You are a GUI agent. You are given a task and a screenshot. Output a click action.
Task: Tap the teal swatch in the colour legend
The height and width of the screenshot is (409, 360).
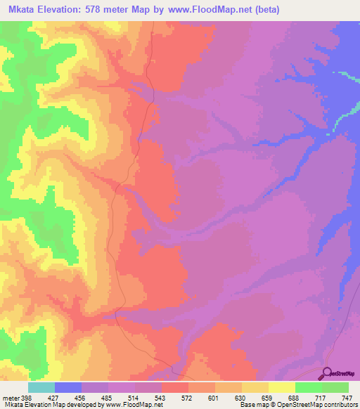[41, 387]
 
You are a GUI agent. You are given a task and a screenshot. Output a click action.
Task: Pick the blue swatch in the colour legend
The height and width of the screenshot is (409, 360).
[68, 387]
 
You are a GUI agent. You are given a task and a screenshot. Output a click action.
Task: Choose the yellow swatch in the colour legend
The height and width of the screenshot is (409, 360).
[282, 387]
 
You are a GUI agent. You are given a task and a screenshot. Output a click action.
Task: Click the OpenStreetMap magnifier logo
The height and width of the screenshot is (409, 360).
[326, 373]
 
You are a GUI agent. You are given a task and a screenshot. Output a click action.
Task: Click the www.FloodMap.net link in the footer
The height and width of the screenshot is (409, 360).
[134, 405]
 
